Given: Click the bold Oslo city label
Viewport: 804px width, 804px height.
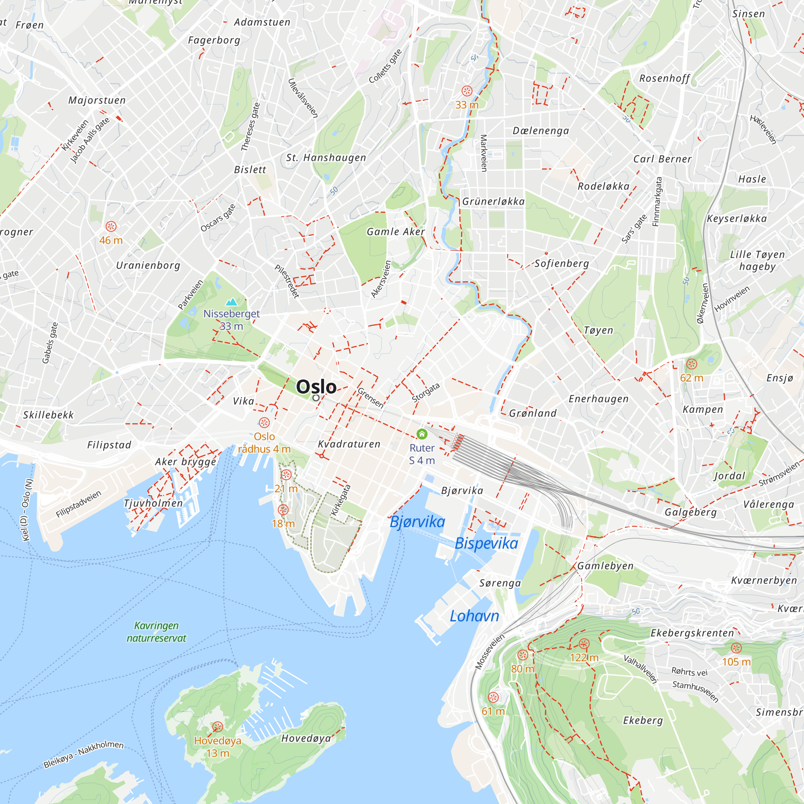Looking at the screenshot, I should [316, 387].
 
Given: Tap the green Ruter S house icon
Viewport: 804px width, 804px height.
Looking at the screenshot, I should [422, 434].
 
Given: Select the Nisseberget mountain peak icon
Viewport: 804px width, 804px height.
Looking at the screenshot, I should [231, 302].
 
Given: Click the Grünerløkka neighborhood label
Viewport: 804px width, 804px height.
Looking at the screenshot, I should [493, 201].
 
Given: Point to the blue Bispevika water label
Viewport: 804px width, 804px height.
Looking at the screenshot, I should [486, 543].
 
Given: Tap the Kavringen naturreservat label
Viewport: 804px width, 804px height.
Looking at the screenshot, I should [156, 632].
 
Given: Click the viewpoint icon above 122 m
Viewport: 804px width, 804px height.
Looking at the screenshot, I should [584, 644].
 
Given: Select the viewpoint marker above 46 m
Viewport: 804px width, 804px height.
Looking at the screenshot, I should [111, 226].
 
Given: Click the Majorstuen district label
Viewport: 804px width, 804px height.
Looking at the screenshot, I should [97, 100].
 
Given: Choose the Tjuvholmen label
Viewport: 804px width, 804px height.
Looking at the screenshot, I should [153, 503].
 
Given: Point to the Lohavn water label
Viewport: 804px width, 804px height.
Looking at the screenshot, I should [474, 616].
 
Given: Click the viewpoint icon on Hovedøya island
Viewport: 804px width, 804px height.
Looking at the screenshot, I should [217, 726].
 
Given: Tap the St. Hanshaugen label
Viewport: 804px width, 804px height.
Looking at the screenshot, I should [326, 158].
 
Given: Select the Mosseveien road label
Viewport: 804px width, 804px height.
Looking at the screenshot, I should [489, 652].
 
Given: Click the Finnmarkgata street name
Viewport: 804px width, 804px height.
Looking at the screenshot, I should [658, 202].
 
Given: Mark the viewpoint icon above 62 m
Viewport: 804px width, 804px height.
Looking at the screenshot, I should [691, 364].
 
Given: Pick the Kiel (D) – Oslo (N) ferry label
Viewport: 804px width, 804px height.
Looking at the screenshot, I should [27, 510].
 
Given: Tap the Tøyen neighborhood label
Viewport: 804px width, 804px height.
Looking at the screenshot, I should [598, 330].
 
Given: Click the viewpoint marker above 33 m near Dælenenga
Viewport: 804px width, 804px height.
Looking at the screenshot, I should [467, 91].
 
